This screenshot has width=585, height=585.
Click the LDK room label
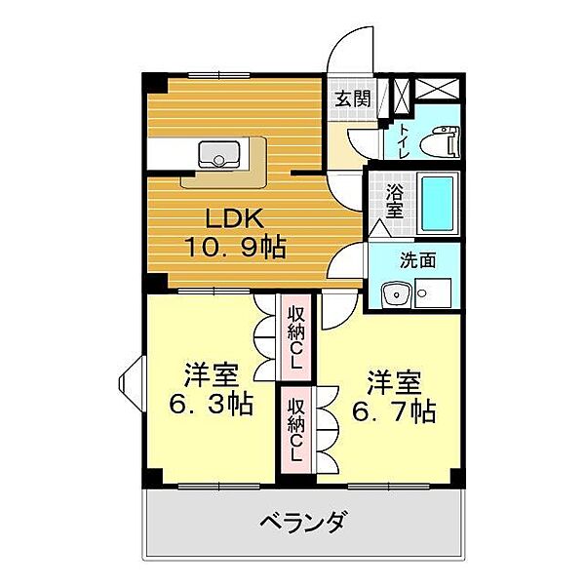coord(231,217)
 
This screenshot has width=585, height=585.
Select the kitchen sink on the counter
coord(221,154)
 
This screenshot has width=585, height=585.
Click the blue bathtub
coord(438,204)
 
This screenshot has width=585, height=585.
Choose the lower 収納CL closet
coord(295,430)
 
